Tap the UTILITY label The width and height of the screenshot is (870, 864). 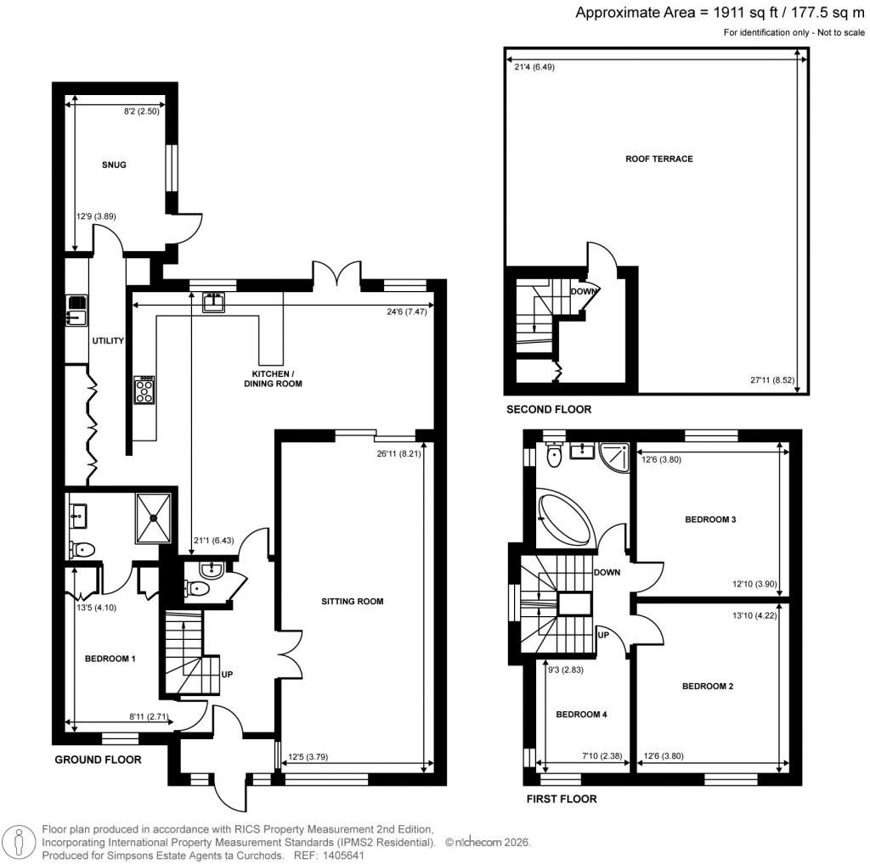pos(109,341)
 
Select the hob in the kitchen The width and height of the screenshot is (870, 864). pos(144,390)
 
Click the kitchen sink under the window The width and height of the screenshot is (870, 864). pos(213,302)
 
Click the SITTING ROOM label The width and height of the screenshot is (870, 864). pos(353,602)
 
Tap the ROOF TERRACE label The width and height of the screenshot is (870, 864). pos(659,159)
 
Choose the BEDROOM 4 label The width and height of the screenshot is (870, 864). pos(581,715)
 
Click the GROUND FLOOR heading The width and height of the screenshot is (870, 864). pos(98,760)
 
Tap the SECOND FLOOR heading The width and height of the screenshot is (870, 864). pos(549,409)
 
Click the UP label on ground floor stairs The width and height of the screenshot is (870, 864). pos(228,676)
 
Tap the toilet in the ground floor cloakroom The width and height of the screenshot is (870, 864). pos(198,588)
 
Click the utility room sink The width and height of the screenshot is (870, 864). pos(76,311)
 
